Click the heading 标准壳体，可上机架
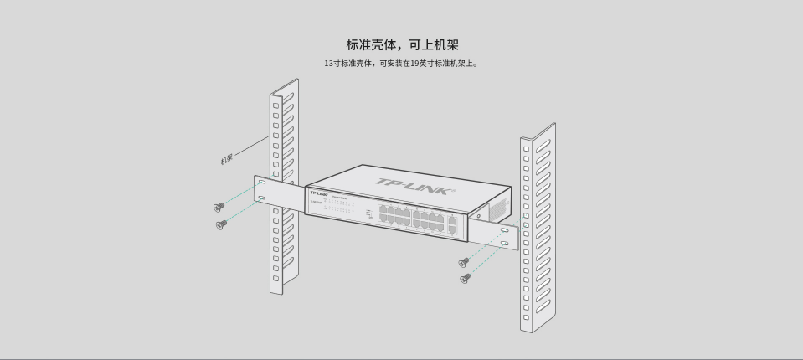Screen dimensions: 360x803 pos(402,44)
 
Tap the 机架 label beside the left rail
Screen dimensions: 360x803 pos(226,158)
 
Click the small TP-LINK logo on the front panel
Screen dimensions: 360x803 pos(317,193)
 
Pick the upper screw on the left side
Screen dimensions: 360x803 pos(219,207)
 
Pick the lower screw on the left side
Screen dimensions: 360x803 pos(221,224)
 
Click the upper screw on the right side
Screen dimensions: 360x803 pos(463,262)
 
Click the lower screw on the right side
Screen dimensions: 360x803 pos(466,278)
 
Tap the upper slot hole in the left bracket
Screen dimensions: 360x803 pos(261,182)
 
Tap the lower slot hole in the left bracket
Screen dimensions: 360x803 pos(262,198)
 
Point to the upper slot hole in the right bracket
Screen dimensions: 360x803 pos(504,229)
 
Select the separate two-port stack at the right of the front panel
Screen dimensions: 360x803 pos(453,224)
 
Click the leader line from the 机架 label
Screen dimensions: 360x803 pos(251,148)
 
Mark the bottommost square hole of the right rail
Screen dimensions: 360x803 pos(527,317)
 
